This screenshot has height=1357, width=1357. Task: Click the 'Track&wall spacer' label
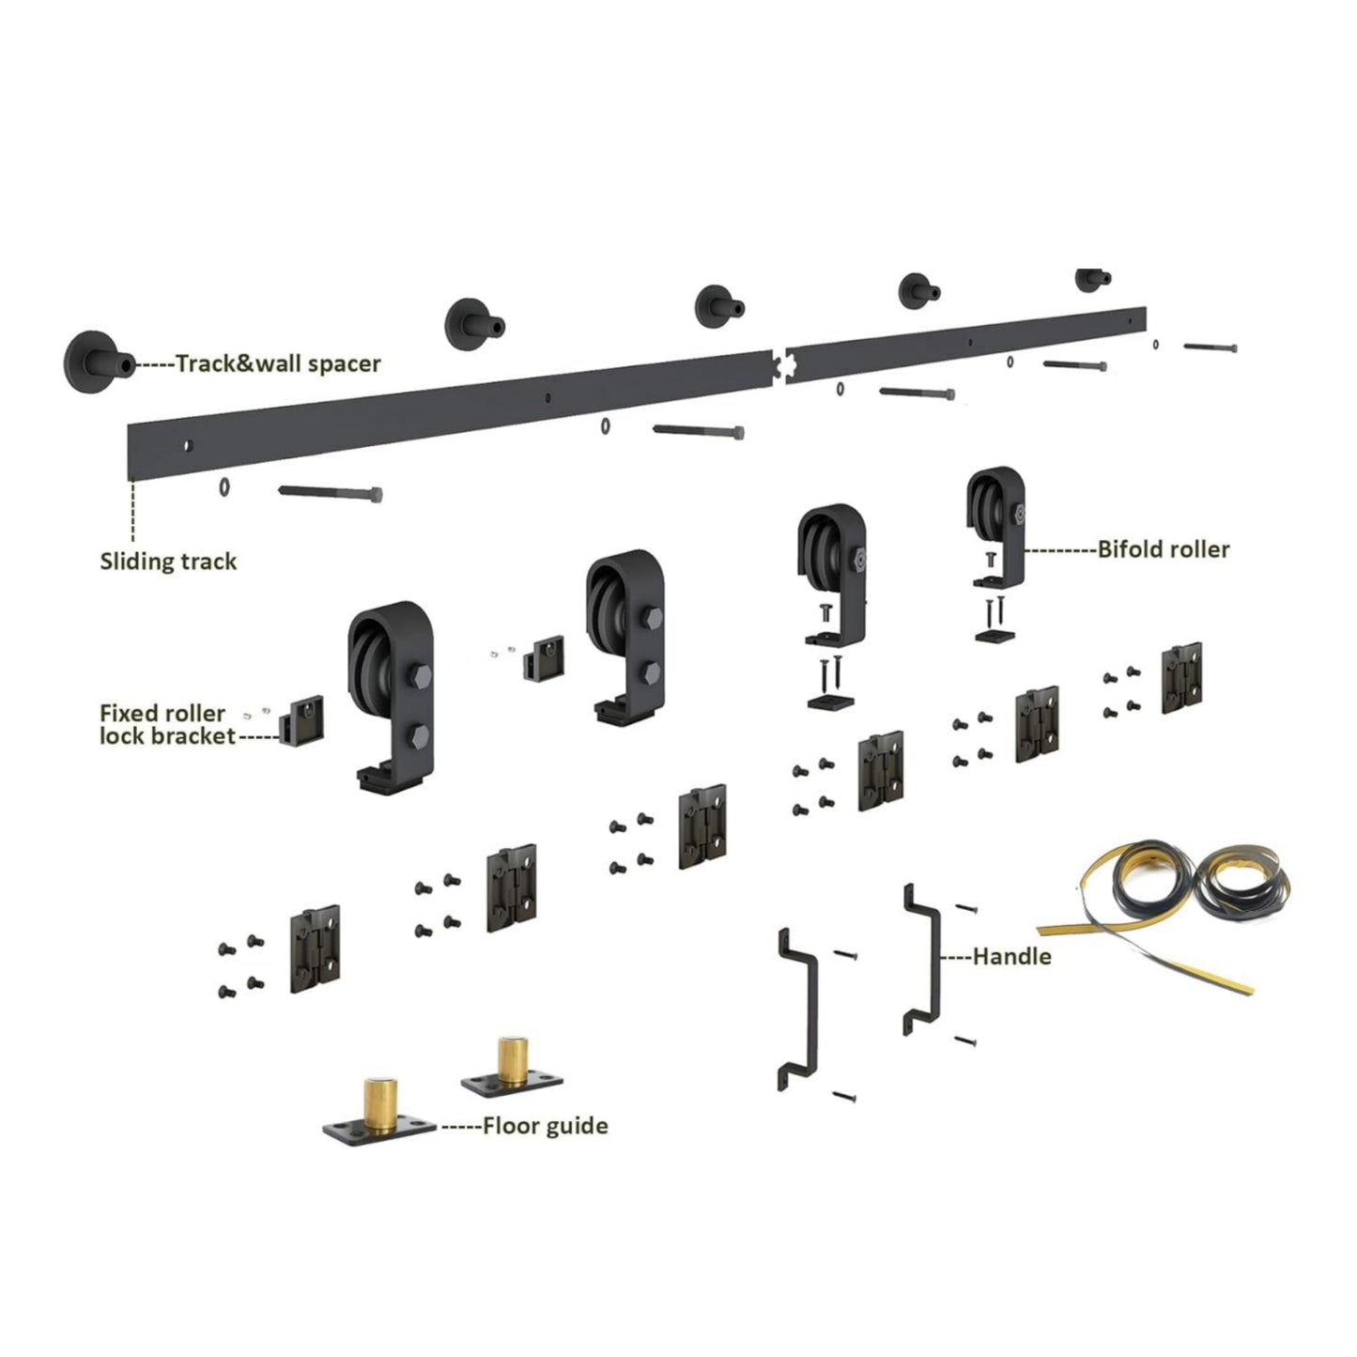(277, 363)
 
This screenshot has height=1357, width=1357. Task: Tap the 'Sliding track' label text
(168, 562)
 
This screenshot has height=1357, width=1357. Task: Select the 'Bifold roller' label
(1164, 549)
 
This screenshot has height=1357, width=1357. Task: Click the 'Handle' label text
(1011, 956)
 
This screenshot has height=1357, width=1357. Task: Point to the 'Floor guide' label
(545, 1126)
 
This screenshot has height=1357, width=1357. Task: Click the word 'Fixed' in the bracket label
(131, 713)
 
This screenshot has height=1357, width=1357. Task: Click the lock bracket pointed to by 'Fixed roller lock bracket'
(302, 719)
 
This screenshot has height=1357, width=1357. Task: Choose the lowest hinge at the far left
(315, 949)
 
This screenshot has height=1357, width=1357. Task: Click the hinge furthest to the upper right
(1181, 677)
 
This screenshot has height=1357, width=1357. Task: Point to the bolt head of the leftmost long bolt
(376, 494)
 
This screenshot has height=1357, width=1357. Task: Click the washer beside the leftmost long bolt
(224, 487)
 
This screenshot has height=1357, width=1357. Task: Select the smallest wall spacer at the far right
(1093, 278)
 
